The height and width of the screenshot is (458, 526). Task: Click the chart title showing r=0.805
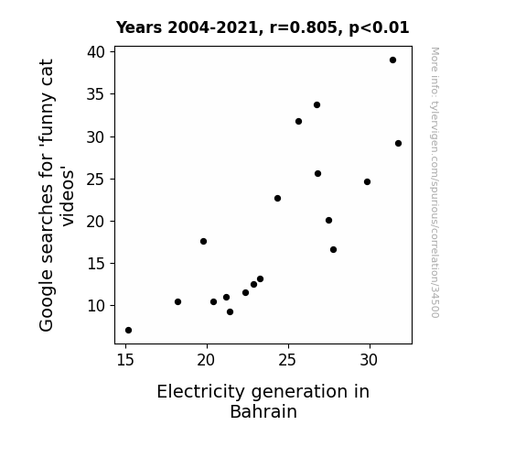coord(263,27)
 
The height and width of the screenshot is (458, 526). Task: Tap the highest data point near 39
coord(392,60)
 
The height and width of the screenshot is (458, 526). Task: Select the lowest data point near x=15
coord(128,331)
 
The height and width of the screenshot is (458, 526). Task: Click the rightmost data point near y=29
coord(398,144)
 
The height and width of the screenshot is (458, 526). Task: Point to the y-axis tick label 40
coord(96,52)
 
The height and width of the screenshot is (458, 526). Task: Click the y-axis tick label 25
coord(96,180)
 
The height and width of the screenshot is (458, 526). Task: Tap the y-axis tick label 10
coord(96,306)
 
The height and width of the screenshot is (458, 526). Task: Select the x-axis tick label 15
coord(125,360)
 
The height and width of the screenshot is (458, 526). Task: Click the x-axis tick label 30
coord(369,360)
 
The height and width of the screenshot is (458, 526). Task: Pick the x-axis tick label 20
coord(206,360)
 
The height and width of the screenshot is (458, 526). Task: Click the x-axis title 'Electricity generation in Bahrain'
coord(263,401)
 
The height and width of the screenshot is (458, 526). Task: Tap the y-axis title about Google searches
coord(56,195)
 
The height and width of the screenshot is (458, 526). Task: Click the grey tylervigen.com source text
coord(435,182)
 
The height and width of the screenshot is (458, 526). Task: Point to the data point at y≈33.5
coord(317,104)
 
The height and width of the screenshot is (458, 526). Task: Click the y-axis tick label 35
coord(96,94)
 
